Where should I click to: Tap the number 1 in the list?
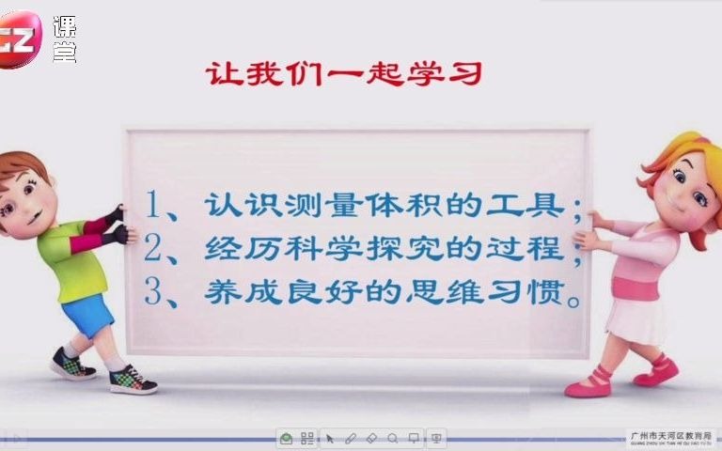(156, 204)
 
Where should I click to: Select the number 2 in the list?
(156, 248)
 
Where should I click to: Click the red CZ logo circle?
(21, 39)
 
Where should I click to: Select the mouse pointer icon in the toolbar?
(330, 438)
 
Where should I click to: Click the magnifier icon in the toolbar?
(392, 438)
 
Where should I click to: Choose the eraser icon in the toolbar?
(371, 438)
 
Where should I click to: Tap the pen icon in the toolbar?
(351, 438)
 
